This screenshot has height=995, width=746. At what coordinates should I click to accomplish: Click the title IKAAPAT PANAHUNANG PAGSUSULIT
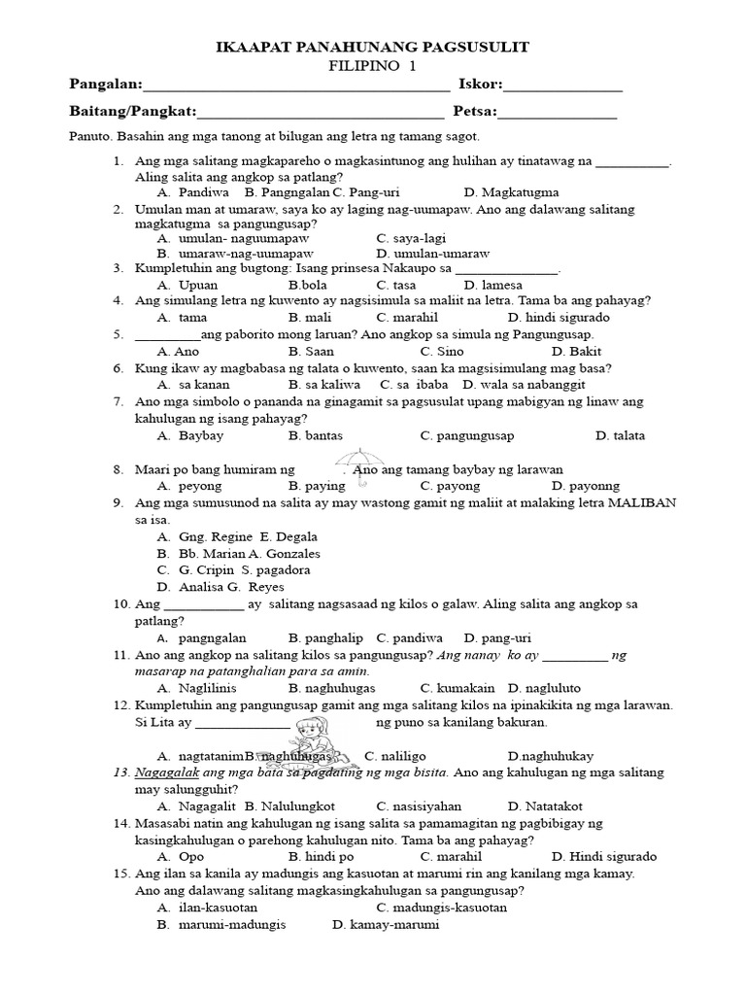(372, 48)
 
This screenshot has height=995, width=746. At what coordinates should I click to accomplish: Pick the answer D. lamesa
(493, 285)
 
